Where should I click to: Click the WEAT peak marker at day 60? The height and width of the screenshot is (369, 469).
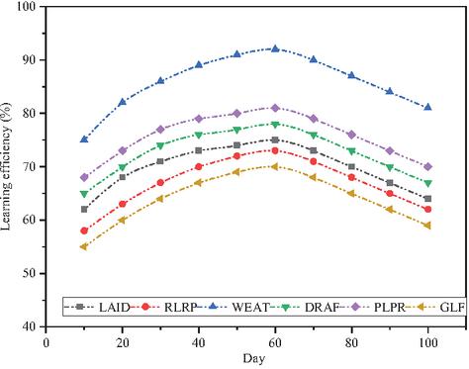tap(275, 48)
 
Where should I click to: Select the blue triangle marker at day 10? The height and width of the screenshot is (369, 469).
tap(84, 139)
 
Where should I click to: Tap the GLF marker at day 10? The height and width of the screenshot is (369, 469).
tap(84, 246)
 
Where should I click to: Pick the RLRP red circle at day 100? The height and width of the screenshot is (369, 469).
tap(428, 210)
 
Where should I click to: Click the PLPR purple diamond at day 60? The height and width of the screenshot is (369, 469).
tap(275, 108)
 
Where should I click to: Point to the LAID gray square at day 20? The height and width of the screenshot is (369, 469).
tap(123, 177)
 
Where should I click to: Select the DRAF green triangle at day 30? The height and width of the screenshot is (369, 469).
tap(160, 145)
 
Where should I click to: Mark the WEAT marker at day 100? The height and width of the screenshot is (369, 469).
tap(428, 107)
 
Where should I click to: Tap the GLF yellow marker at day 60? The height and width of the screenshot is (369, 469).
tap(275, 166)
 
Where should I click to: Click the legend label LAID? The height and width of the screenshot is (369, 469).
tap(115, 308)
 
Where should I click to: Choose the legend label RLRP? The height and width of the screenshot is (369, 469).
tap(180, 308)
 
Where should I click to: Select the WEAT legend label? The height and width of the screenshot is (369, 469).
tap(251, 308)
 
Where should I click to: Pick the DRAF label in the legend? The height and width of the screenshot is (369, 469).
tap(322, 308)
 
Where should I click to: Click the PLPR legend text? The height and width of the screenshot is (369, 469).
tap(389, 308)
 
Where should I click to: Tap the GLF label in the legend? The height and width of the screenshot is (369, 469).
tap(452, 308)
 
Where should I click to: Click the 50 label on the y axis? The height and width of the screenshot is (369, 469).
tap(33, 273)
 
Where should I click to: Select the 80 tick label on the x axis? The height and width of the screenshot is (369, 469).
tap(351, 343)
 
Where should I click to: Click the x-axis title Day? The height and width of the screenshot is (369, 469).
tap(254, 359)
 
